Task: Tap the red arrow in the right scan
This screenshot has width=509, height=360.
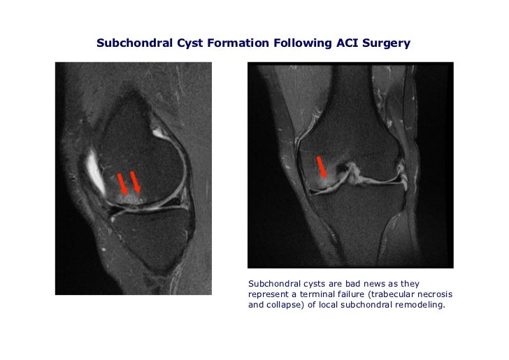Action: click(322, 168)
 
